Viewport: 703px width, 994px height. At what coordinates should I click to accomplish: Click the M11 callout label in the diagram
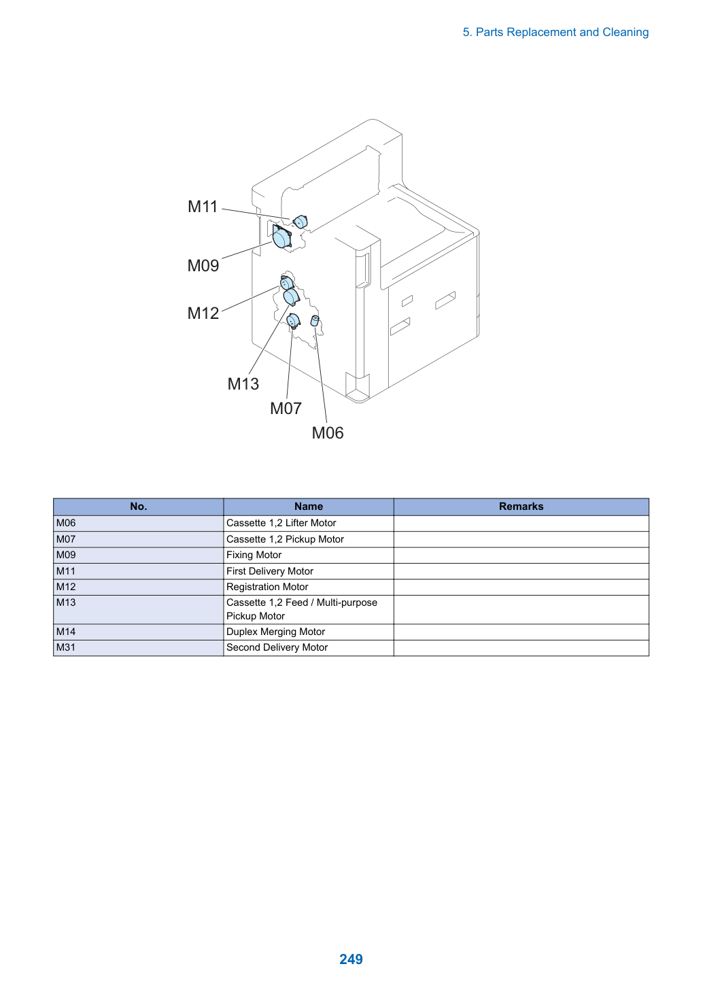click(x=203, y=207)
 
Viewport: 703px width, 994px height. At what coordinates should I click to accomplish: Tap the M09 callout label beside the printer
click(x=203, y=266)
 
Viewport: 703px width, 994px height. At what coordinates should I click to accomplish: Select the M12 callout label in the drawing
click(x=203, y=313)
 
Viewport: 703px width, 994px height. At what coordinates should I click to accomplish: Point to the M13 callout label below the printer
click(x=243, y=384)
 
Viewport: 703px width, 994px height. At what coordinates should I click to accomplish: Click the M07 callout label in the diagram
click(x=286, y=408)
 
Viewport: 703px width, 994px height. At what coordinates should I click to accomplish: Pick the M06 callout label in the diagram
click(x=328, y=433)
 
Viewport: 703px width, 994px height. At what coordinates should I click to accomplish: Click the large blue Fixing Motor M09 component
click(x=281, y=237)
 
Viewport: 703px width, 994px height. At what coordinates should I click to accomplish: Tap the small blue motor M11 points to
click(x=301, y=221)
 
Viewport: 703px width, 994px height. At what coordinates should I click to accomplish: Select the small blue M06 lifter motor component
click(x=315, y=320)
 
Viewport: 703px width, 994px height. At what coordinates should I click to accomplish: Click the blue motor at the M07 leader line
click(x=293, y=320)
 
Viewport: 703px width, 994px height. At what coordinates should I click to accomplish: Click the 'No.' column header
click(x=139, y=507)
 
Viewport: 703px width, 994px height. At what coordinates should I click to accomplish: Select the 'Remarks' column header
click(x=521, y=507)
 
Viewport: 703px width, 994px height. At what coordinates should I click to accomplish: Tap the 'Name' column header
click(x=309, y=507)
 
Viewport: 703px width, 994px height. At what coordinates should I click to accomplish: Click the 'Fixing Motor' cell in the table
click(x=254, y=555)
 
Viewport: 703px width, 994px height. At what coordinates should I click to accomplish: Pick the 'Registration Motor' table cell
click(x=267, y=587)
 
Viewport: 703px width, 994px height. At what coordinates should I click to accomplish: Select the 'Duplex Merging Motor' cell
click(x=275, y=632)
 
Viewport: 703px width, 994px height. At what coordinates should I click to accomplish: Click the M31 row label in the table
click(x=66, y=647)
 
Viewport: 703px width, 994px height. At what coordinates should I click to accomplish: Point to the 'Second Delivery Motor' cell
click(x=277, y=647)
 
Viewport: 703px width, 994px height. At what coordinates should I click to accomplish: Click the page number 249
click(x=351, y=959)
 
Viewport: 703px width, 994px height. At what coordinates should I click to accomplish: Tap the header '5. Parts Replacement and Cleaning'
click(x=555, y=33)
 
